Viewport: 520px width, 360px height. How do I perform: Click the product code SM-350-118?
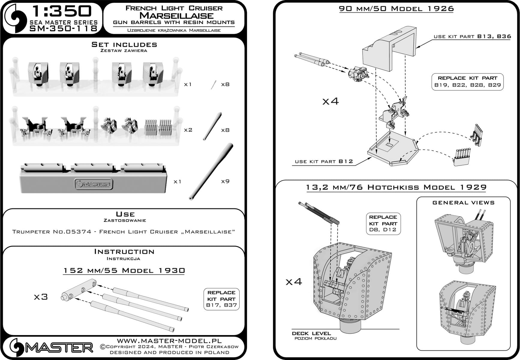pyautogui.click(x=64, y=28)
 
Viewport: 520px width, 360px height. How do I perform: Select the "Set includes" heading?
pyautogui.click(x=124, y=45)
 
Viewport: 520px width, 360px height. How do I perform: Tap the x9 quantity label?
pyautogui.click(x=225, y=181)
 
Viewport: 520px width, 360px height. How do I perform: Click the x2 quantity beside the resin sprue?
pyautogui.click(x=188, y=130)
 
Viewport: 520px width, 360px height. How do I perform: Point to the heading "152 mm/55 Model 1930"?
pyautogui.click(x=124, y=271)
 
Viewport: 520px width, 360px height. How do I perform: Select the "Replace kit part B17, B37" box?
pyautogui.click(x=221, y=299)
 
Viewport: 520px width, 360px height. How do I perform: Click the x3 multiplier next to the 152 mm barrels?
pyautogui.click(x=41, y=297)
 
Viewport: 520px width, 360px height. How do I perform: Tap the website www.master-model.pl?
pyautogui.click(x=169, y=341)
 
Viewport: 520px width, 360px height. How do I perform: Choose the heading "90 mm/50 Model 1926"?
pyautogui.click(x=396, y=9)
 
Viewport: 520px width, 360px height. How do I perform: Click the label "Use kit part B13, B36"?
pyautogui.click(x=472, y=37)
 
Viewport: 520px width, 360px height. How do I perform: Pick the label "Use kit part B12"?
pyautogui.click(x=324, y=161)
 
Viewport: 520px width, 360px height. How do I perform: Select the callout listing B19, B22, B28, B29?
pyautogui.click(x=467, y=81)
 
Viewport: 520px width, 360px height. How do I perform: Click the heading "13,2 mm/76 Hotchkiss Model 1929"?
pyautogui.click(x=396, y=187)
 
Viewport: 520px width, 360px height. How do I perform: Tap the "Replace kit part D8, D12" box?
pyautogui.click(x=383, y=223)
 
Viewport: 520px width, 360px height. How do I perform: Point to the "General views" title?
pyautogui.click(x=463, y=203)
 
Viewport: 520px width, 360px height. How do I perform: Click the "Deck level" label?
pyautogui.click(x=311, y=333)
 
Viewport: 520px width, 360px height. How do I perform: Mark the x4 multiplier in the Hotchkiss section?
pyautogui.click(x=294, y=281)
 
